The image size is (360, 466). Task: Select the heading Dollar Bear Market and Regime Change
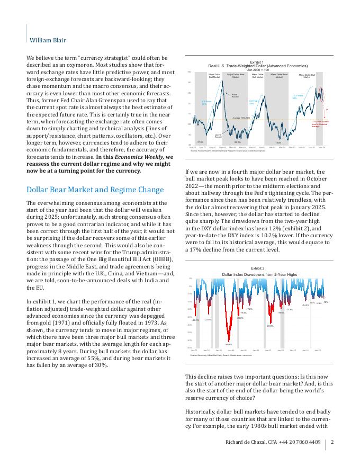click(x=95, y=190)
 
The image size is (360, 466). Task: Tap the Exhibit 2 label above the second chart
click(x=257, y=269)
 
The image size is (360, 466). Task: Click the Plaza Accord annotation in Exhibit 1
click(x=235, y=95)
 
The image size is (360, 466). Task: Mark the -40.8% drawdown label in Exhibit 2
click(x=229, y=344)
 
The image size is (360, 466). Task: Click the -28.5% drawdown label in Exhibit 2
click(x=270, y=326)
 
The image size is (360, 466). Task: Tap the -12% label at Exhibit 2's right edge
click(x=326, y=302)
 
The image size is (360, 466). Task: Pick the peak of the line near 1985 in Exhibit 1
click(x=229, y=92)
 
